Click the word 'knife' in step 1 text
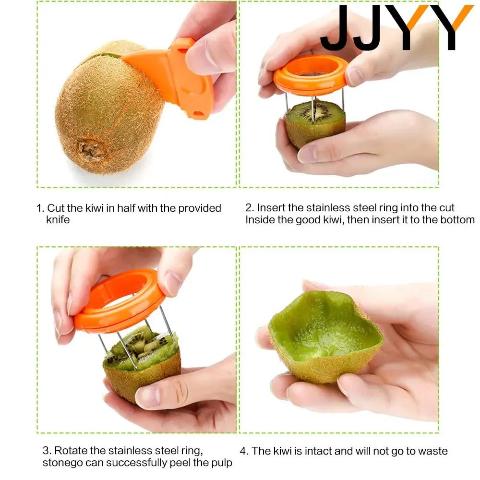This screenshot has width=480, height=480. pos(58,220)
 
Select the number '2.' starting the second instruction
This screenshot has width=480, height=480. pos(249,208)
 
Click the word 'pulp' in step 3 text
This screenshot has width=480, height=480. pos(222,463)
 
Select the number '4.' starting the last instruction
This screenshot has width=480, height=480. pos(244,451)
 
